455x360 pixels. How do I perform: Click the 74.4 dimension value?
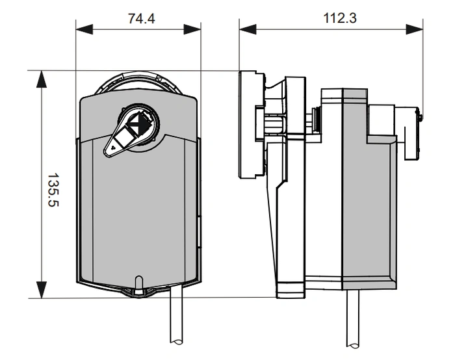coord(142,18)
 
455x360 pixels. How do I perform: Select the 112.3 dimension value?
coord(340,18)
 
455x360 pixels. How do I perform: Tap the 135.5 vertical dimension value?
coord(53,190)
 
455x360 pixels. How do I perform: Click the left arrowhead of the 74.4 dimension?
coord(84,29)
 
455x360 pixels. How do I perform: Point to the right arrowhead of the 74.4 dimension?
coord(192,29)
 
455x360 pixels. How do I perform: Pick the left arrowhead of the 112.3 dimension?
coord(248,29)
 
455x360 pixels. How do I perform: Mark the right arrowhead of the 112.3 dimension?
coord(415,29)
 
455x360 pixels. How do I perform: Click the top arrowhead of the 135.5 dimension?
coord(42,79)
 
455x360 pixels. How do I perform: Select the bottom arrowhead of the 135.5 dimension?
coord(42,290)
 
